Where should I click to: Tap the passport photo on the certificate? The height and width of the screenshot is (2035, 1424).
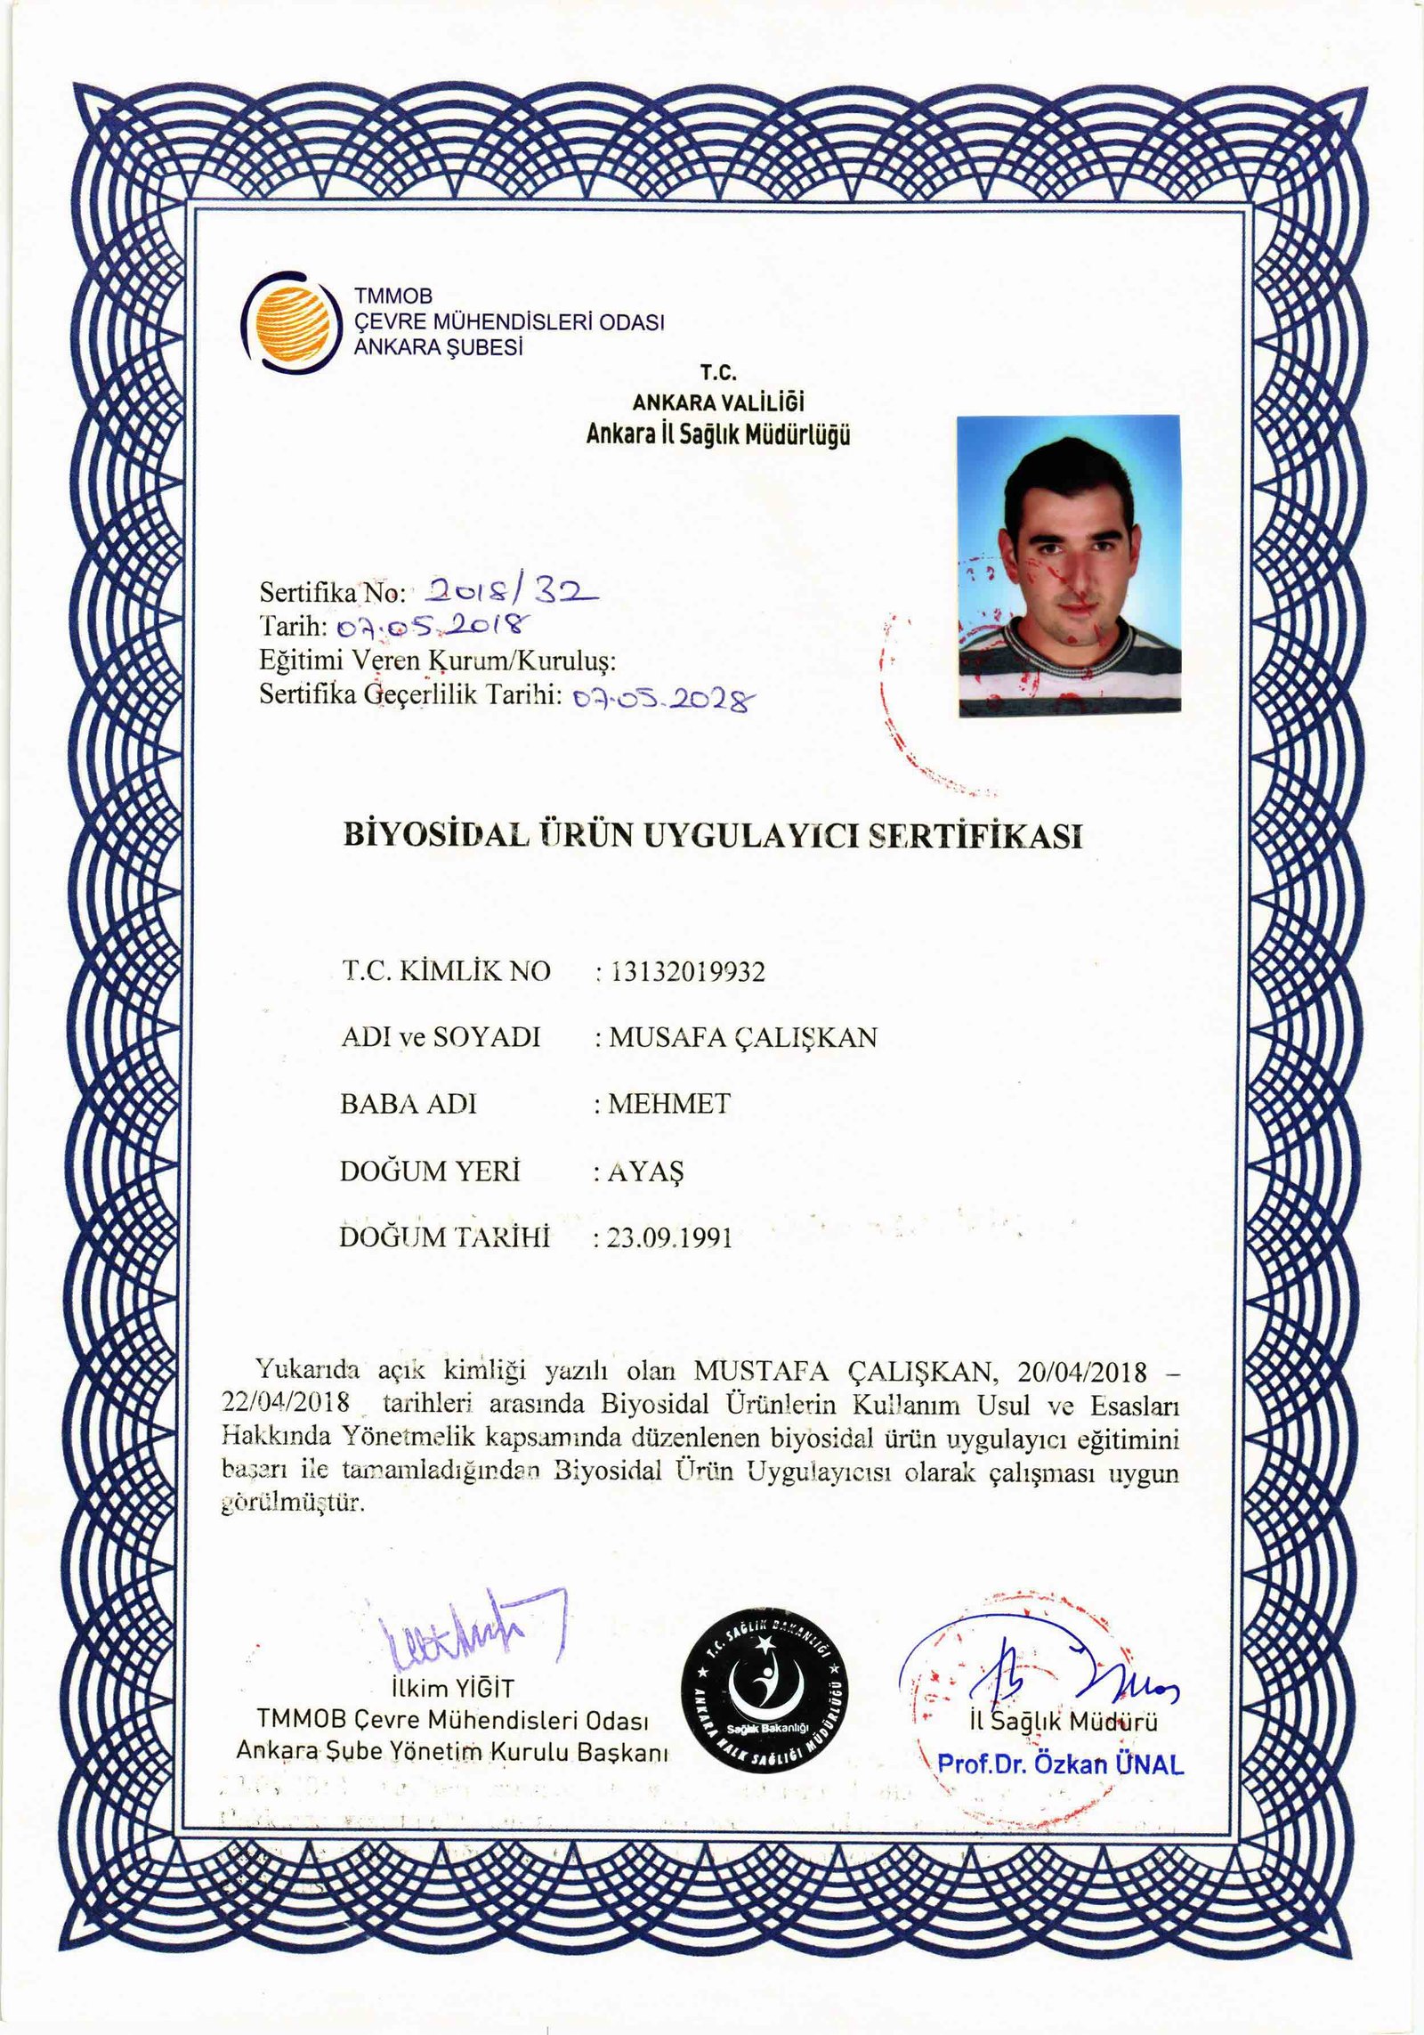1069,565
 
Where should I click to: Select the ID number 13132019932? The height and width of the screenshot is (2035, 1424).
686,971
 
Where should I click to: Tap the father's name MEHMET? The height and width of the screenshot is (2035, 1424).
669,1104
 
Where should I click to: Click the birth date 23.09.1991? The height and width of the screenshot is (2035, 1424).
670,1238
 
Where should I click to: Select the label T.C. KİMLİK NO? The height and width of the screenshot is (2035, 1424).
446,971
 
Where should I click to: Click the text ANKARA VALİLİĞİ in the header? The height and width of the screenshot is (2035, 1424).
718,402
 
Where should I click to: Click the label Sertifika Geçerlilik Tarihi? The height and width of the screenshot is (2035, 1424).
409,693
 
